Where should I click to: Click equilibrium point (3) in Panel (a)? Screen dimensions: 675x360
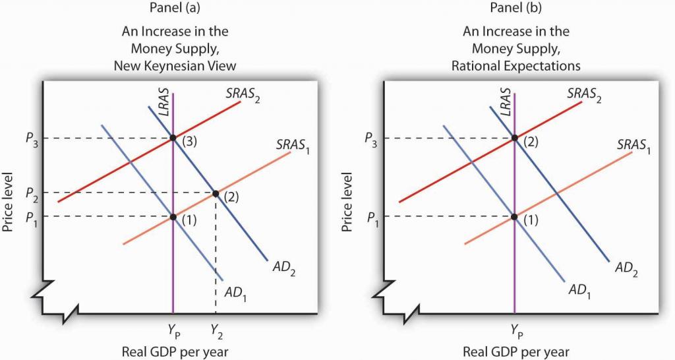(173, 138)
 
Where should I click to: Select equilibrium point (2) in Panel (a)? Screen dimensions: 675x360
(216, 193)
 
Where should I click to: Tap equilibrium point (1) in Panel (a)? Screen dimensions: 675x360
(173, 217)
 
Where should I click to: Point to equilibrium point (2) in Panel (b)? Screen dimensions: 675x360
(514, 138)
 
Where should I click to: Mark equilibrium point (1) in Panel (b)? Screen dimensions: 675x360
(514, 217)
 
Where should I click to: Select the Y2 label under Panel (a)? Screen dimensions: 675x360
(216, 331)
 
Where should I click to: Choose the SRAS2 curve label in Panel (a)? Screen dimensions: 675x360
(243, 94)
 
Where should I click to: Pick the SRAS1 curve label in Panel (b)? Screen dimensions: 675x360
(633, 146)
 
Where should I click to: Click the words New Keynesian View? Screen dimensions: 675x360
(175, 65)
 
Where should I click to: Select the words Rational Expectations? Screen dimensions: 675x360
(515, 65)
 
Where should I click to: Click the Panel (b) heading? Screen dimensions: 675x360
(515, 8)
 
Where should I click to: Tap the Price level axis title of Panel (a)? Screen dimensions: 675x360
(9, 202)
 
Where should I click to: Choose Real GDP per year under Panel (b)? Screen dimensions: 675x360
(515, 351)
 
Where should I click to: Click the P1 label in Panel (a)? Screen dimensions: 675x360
(31, 218)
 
